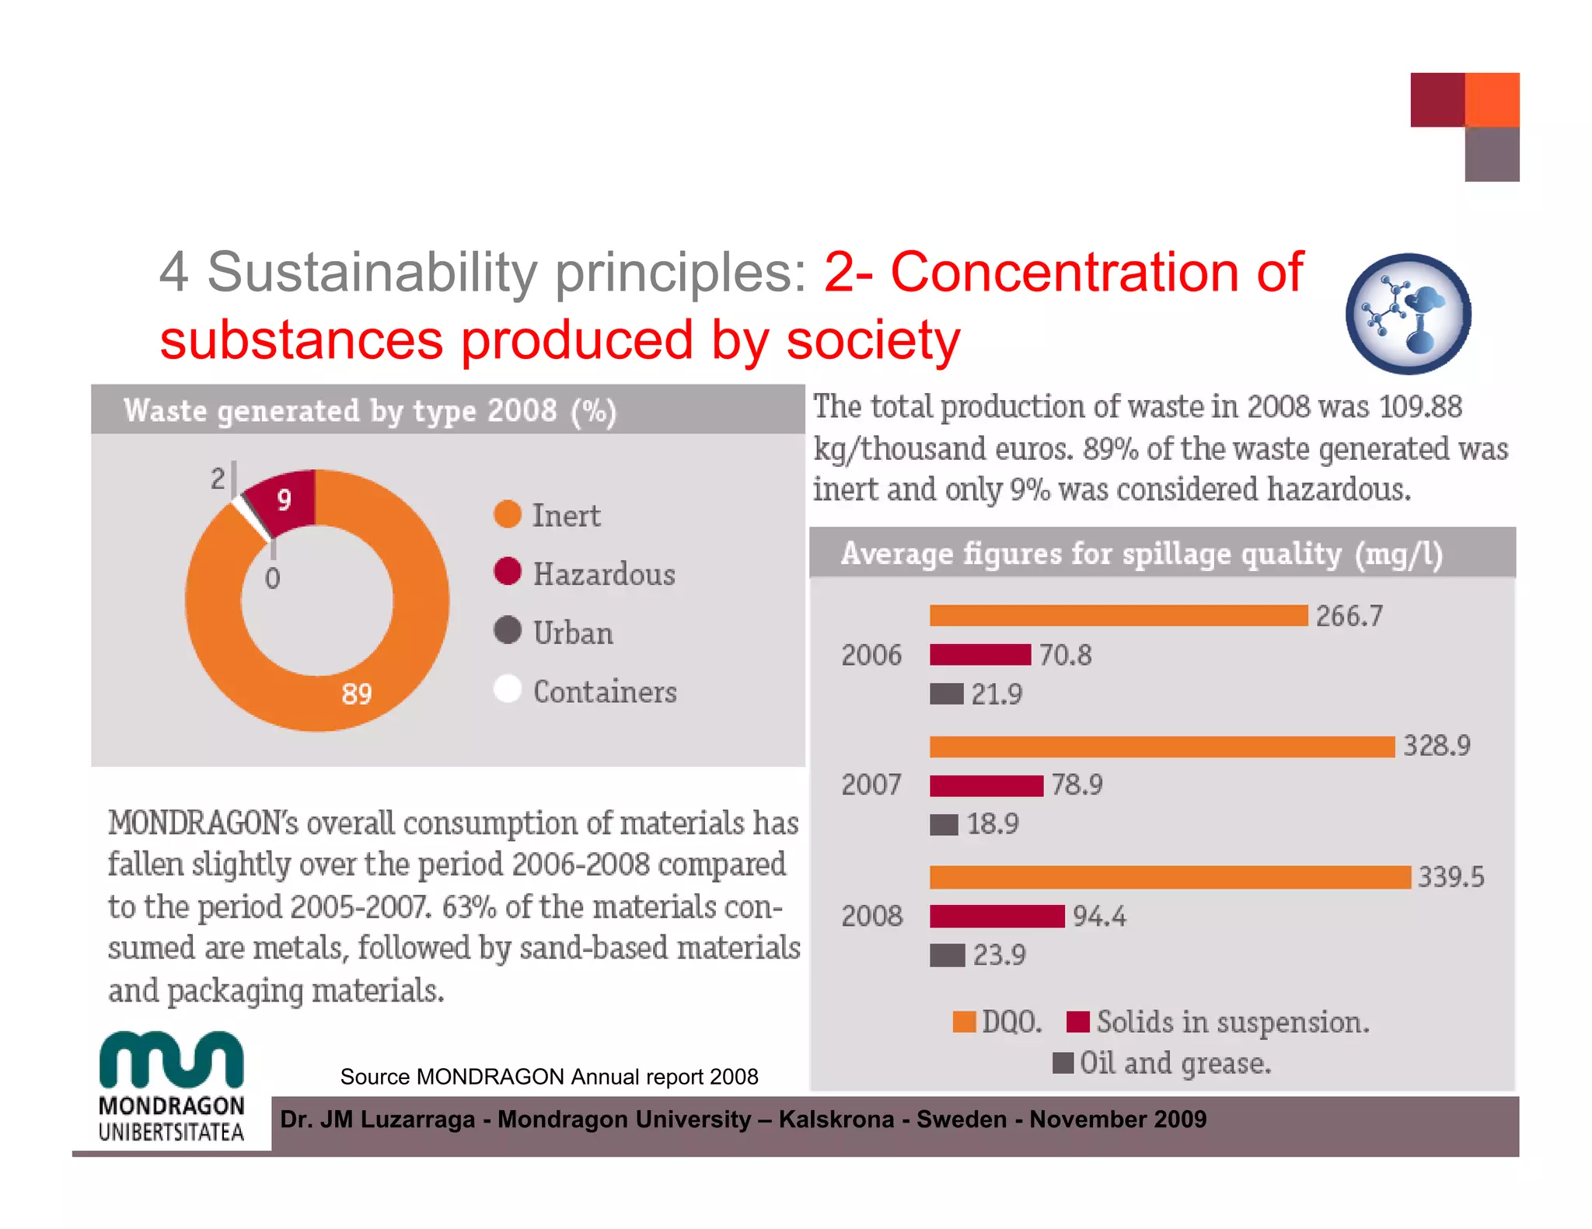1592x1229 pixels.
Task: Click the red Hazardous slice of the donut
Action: [x=284, y=501]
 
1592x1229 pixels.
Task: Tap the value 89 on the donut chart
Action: [x=357, y=694]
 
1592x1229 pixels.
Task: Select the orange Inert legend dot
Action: [x=508, y=514]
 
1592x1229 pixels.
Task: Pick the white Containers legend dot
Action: [x=508, y=689]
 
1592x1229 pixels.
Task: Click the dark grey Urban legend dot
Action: [x=508, y=630]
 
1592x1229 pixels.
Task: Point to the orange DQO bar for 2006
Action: [x=1118, y=615]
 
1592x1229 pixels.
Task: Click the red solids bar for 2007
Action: [x=986, y=785]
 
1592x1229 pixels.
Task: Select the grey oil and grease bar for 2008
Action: [x=947, y=955]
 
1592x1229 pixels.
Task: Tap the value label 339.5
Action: [x=1451, y=877]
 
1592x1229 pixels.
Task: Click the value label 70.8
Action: [x=1065, y=655]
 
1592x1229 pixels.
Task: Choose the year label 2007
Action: [x=871, y=785]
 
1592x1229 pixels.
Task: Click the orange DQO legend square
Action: [x=964, y=1022]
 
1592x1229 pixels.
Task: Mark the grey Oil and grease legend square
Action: [x=1063, y=1062]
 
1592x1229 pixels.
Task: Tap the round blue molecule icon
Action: [x=1408, y=314]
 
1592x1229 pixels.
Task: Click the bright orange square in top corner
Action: [x=1492, y=99]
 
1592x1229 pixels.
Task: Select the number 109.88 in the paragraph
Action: [x=1420, y=406]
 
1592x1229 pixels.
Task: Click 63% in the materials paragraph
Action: [x=469, y=907]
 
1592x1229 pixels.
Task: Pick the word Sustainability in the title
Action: [x=372, y=272]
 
